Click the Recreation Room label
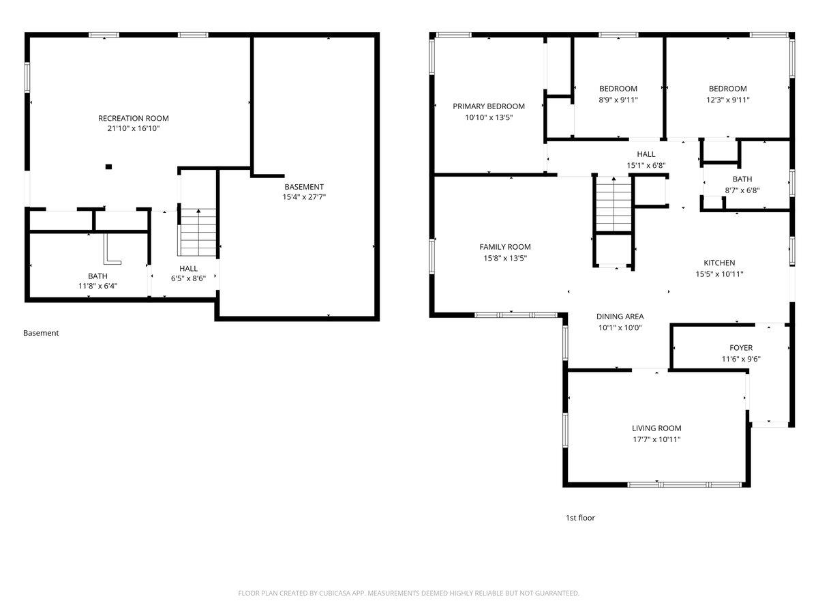pyautogui.click(x=134, y=118)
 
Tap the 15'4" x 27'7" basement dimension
pyautogui.click(x=304, y=197)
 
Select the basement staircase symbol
pyautogui.click(x=198, y=232)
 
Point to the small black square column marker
pyautogui.click(x=108, y=166)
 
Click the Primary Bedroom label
pyautogui.click(x=489, y=106)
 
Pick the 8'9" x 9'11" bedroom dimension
pyautogui.click(x=618, y=100)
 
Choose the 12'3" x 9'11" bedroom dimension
pyautogui.click(x=728, y=100)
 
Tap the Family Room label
pyautogui.click(x=505, y=247)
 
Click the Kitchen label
pyautogui.click(x=719, y=263)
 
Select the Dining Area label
pyautogui.click(x=620, y=317)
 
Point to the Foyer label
pyautogui.click(x=741, y=348)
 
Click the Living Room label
pyautogui.click(x=656, y=428)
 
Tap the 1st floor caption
pyautogui.click(x=580, y=518)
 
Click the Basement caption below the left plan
pyautogui.click(x=41, y=333)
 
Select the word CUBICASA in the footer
pyautogui.click(x=335, y=593)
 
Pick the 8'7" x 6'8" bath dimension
pyautogui.click(x=742, y=190)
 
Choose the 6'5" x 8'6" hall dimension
pyautogui.click(x=188, y=278)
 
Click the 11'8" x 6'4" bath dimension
pyautogui.click(x=97, y=286)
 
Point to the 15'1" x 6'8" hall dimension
pyautogui.click(x=646, y=166)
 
